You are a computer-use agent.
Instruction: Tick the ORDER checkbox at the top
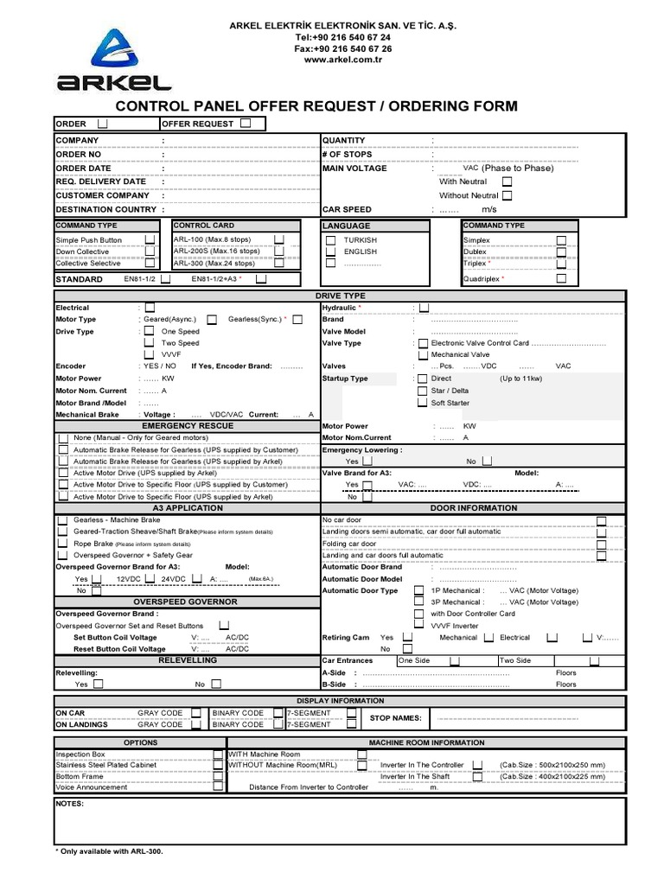(103, 124)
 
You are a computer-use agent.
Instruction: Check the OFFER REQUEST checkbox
(246, 124)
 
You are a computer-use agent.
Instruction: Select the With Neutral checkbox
(507, 181)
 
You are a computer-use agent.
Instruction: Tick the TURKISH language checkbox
(330, 239)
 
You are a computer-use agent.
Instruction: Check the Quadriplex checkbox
(561, 279)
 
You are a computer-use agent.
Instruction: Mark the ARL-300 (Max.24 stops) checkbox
(279, 263)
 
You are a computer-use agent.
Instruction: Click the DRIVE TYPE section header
(341, 296)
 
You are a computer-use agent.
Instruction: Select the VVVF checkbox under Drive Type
(150, 354)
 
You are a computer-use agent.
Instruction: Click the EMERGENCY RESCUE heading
(188, 426)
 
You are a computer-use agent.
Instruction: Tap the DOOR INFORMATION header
(474, 508)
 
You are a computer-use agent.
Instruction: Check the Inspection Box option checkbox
(217, 754)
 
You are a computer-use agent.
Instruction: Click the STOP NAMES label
(395, 718)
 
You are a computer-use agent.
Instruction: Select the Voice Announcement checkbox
(217, 787)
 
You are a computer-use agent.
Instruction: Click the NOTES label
(69, 804)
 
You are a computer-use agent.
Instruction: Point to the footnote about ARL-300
(109, 851)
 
